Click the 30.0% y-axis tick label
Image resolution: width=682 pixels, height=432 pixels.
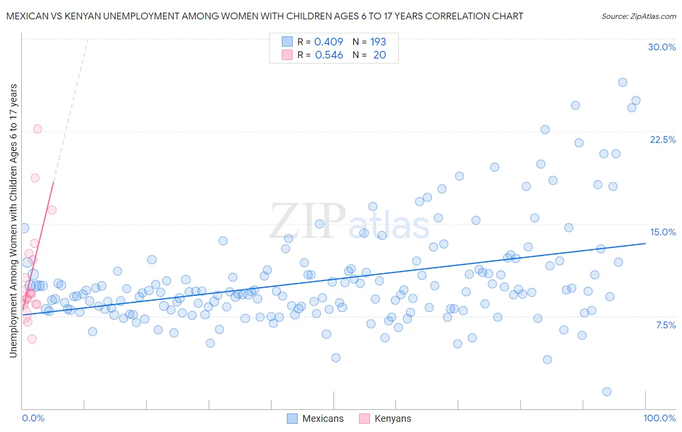coord(662,47)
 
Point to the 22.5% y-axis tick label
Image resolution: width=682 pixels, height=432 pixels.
coord(663,139)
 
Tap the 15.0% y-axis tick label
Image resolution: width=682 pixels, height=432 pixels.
coord(663,232)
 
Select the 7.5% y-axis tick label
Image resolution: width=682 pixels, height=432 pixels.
coord(666,325)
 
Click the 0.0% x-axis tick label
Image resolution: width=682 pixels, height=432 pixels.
coord(33,418)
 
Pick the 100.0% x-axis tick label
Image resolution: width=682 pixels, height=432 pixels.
coord(659,418)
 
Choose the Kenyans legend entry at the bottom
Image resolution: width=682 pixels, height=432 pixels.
coord(386,418)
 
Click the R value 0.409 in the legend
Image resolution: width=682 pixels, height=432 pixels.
coord(328,42)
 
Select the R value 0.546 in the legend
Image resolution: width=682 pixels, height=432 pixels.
coord(329,55)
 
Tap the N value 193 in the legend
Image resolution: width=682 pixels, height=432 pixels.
coord(378,42)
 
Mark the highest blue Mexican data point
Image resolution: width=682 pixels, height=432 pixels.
coord(622,82)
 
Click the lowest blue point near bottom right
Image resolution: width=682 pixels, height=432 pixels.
coord(606,391)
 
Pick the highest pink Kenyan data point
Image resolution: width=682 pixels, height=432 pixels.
coord(37,129)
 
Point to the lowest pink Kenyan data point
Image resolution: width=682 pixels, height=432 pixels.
coord(32,339)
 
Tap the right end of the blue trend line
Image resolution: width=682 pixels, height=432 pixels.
coord(645,243)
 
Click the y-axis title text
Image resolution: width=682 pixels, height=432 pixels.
coord(13,221)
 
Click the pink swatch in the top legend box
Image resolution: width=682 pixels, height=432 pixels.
coord(287,55)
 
